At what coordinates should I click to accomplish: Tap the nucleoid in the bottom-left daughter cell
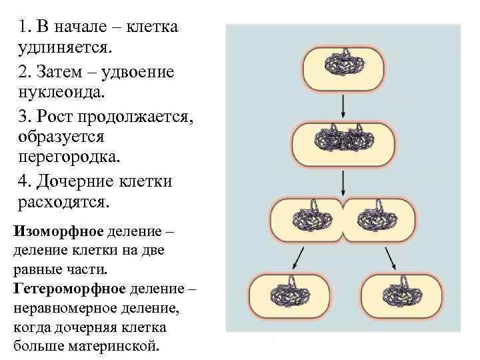click(x=290, y=293)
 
